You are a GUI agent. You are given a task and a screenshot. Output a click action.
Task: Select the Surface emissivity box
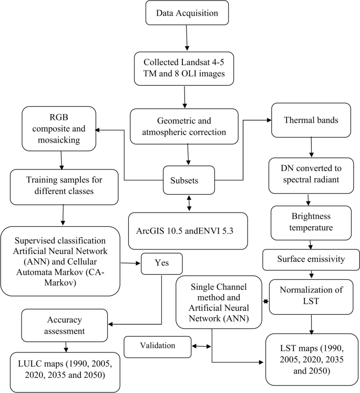tap(310, 258)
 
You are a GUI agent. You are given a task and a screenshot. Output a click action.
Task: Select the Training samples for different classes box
tap(63, 185)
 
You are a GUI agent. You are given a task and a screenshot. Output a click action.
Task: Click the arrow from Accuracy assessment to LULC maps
tap(66, 346)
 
